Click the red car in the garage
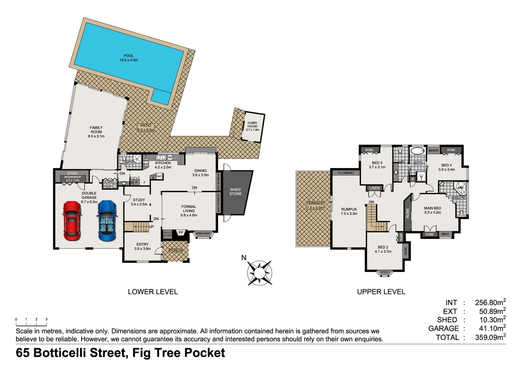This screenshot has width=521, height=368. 72,220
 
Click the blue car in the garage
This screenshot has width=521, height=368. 107,220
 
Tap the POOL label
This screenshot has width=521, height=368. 129,56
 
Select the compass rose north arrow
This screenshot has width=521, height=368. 259,273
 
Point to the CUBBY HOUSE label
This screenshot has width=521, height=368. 252,124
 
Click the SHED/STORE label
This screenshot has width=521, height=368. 235,191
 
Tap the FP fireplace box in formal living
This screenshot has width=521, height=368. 181,233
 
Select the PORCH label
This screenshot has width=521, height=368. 176,250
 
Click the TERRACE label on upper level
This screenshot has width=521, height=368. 315,203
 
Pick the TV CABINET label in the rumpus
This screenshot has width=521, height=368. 346,173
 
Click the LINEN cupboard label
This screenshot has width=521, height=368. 374,188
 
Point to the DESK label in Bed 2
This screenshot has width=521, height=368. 405,251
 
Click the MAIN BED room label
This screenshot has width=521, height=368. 432,208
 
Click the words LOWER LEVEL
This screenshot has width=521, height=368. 153,292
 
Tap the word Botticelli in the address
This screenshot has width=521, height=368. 61,353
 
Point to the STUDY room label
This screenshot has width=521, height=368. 139,200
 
